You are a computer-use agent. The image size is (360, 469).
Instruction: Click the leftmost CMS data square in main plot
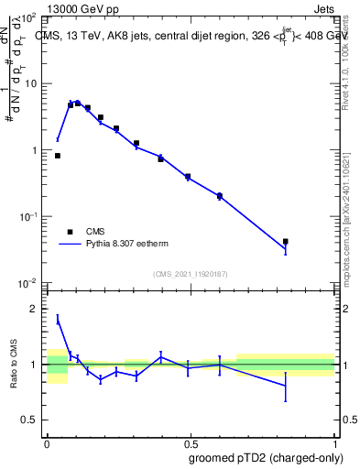tap(58, 156)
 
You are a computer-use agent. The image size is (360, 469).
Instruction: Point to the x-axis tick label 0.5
tap(190, 443)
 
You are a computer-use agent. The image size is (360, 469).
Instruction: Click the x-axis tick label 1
tap(333, 443)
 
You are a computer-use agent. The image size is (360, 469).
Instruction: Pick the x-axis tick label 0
tap(47, 443)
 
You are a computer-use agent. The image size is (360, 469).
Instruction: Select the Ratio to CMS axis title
tap(16, 365)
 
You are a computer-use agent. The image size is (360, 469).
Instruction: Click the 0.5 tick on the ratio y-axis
tap(31, 420)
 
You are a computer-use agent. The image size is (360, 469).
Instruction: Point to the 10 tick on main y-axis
tap(30, 83)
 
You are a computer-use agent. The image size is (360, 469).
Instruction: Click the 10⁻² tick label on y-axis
tap(28, 282)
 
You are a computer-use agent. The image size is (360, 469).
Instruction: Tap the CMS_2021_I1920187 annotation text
tap(191, 274)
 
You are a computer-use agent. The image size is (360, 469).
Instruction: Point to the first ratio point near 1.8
tap(58, 320)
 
